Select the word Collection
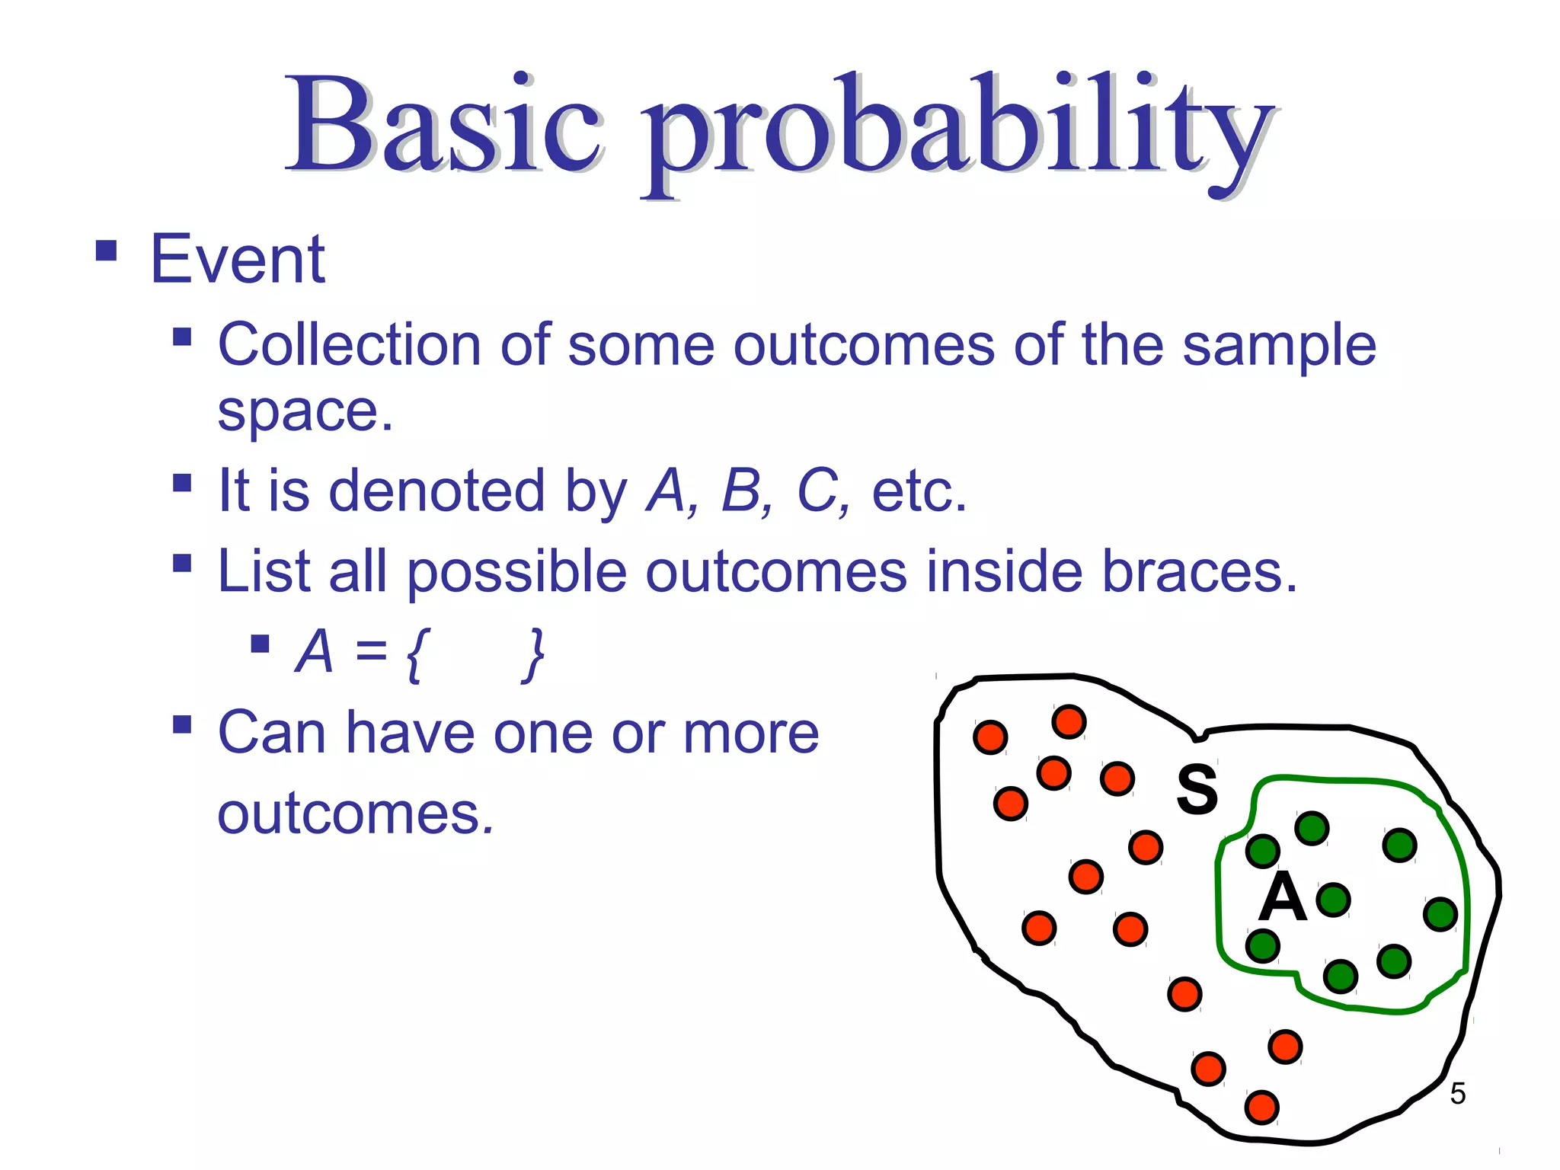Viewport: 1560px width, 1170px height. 349,344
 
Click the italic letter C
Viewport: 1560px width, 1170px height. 820,491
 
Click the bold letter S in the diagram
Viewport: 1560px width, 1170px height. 1197,789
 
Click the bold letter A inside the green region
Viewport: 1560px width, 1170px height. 1282,897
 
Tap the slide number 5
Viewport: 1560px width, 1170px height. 1457,1094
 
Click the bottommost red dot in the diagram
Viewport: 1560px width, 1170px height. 1261,1107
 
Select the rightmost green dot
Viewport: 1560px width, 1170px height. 1440,914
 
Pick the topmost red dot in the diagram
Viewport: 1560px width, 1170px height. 1069,721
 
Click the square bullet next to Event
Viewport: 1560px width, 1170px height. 107,251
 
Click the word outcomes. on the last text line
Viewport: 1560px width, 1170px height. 356,814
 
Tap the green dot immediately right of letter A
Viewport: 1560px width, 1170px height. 1333,900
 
